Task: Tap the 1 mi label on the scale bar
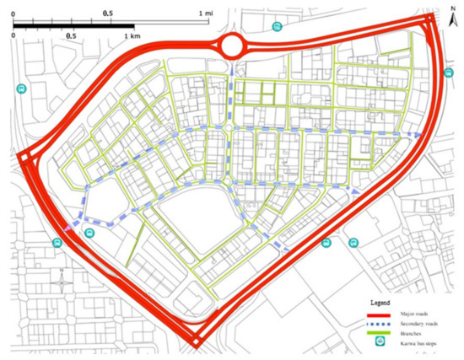(x=205, y=14)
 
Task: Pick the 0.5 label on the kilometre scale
(x=71, y=37)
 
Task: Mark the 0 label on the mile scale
(x=14, y=14)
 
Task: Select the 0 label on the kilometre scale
(x=14, y=37)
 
